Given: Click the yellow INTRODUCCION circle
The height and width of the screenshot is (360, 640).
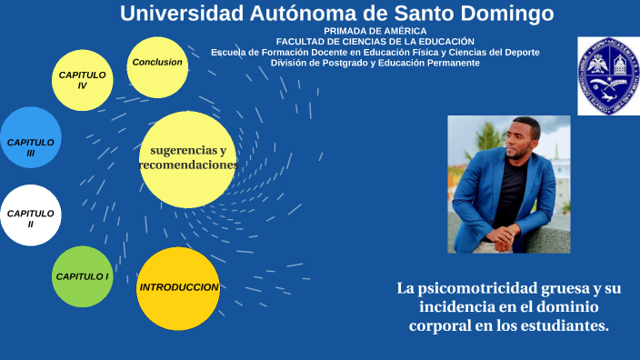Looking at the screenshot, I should click(178, 288).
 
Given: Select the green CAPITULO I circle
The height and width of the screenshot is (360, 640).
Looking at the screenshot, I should click(82, 276).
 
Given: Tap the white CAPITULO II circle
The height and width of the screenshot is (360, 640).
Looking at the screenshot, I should click(31, 216).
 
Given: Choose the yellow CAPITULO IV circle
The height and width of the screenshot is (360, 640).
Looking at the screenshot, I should click(83, 80).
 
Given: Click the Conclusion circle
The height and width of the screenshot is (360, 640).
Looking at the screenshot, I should click(157, 63).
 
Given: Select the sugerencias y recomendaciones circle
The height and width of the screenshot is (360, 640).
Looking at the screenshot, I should click(188, 159).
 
